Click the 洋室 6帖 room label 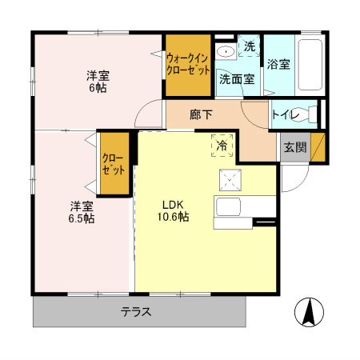point(98,82)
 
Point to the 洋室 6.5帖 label point(81,210)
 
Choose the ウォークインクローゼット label point(187,63)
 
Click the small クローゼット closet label point(113,164)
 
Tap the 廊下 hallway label point(201,114)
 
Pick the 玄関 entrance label point(294,147)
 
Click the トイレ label point(286,115)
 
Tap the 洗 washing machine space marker point(250,47)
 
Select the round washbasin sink point(226,52)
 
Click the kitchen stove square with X point(229,179)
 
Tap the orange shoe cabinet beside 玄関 point(318,148)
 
